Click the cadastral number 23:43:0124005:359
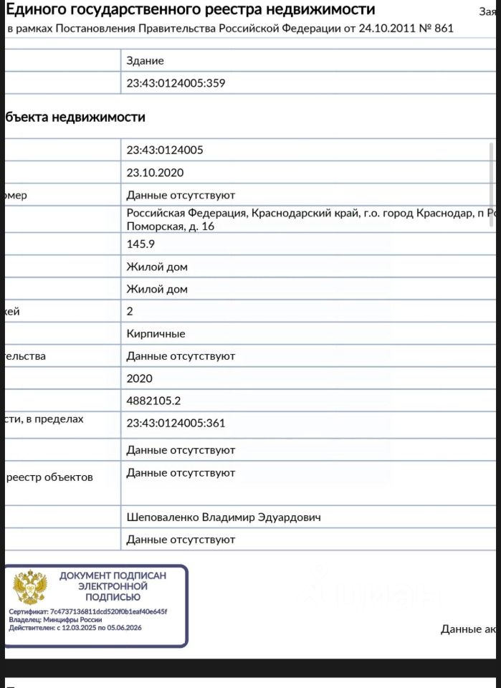(176, 83)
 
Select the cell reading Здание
(145, 61)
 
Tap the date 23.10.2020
(155, 173)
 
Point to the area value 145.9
(140, 244)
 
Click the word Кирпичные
(156, 333)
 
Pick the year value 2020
(139, 378)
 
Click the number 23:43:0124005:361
(176, 423)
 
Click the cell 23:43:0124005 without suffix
(165, 150)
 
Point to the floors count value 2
(130, 311)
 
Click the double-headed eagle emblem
(30, 587)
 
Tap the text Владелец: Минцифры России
(55, 620)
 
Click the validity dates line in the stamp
(75, 628)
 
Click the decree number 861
(442, 29)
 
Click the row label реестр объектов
(49, 477)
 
